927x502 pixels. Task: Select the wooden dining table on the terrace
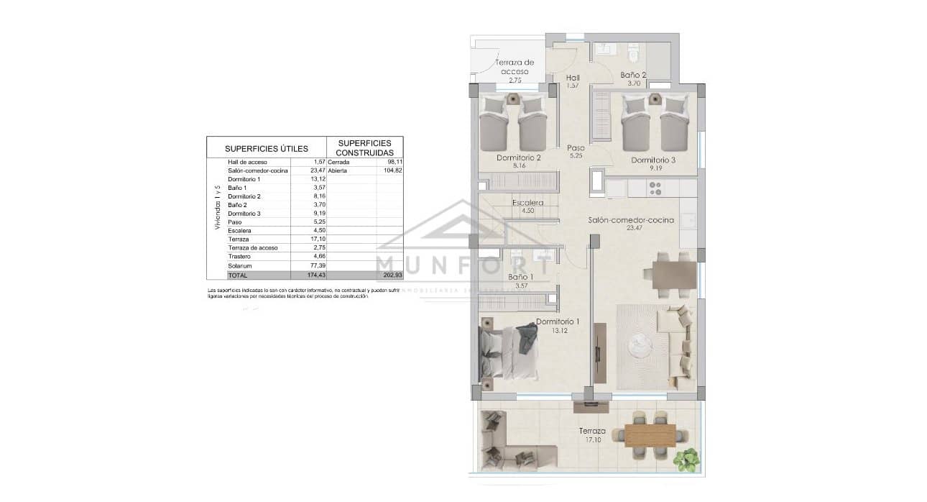tap(650, 435)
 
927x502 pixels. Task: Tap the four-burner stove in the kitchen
tap(655, 188)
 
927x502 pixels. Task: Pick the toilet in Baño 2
tap(633, 53)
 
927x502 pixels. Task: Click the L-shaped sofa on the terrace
tap(510, 440)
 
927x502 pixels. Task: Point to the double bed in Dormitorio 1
tap(509, 352)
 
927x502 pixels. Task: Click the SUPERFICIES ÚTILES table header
tap(266, 148)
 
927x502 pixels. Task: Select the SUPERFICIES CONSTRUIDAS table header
tap(365, 147)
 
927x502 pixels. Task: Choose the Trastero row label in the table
tap(239, 257)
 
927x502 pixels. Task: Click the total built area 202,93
tap(391, 275)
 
